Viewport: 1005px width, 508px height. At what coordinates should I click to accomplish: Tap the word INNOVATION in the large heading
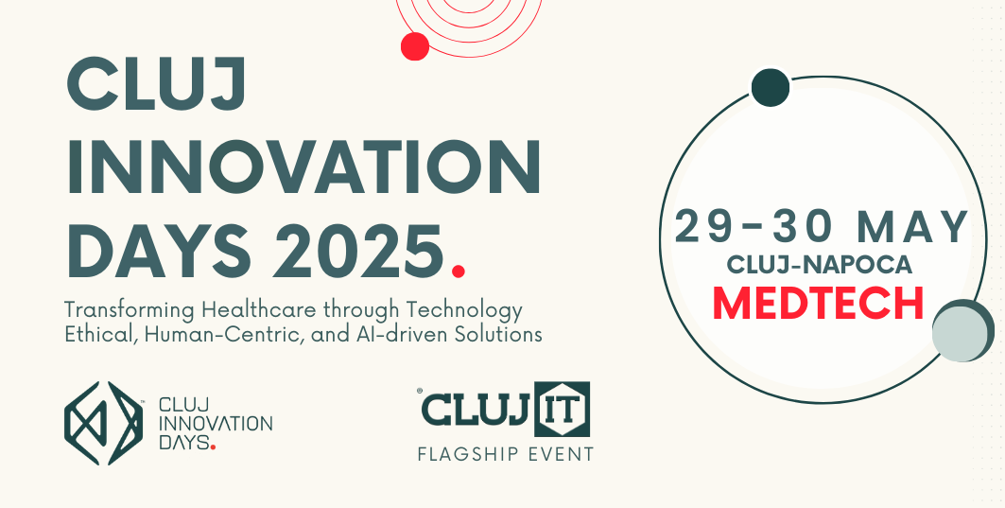coord(303,166)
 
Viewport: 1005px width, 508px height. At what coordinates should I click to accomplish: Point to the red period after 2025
coord(458,271)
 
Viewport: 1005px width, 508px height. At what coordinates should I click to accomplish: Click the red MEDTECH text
coord(818,303)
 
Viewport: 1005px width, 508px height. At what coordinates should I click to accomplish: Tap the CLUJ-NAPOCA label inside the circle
coord(819,264)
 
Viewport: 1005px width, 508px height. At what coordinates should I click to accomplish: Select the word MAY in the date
coord(913,227)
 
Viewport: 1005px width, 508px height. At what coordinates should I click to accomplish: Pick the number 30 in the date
coord(805,227)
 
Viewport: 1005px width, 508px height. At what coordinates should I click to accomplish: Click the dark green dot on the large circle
coord(770,88)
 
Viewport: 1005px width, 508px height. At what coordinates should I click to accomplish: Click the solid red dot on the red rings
coord(415,46)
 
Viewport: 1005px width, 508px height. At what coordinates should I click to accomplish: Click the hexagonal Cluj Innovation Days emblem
coord(103,424)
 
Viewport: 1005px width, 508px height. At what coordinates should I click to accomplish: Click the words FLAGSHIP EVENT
coord(505,454)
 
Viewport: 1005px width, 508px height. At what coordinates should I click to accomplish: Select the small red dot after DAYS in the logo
coord(213,447)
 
